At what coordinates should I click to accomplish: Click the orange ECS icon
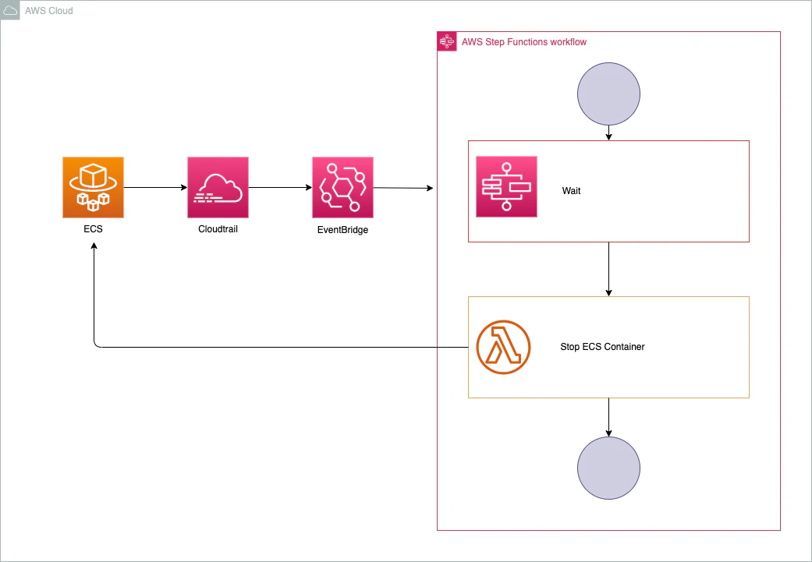[x=94, y=187]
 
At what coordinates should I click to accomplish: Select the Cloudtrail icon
[x=218, y=187]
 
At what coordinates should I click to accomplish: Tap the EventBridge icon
[x=342, y=187]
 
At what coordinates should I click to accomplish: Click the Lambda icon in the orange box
[x=503, y=347]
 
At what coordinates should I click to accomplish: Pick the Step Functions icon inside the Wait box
[x=506, y=186]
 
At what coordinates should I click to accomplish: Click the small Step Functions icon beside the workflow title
[x=447, y=41]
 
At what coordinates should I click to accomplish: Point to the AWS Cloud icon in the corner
[x=11, y=11]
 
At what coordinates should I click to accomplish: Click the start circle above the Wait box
[x=608, y=94]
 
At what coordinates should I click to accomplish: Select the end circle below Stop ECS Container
[x=608, y=468]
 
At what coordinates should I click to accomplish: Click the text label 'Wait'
[x=572, y=191]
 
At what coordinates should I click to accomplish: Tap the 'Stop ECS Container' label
[x=602, y=347]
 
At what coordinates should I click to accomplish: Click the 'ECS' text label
[x=94, y=230]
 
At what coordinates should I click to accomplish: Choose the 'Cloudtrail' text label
[x=218, y=230]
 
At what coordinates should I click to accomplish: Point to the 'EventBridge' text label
[x=342, y=230]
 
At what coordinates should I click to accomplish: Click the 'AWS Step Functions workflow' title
[x=523, y=42]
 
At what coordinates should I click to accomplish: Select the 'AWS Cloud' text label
[x=49, y=11]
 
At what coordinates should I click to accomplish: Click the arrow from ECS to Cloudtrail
[x=155, y=187]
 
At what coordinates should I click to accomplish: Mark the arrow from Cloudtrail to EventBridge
[x=280, y=187]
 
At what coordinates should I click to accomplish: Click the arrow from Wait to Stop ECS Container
[x=608, y=269]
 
